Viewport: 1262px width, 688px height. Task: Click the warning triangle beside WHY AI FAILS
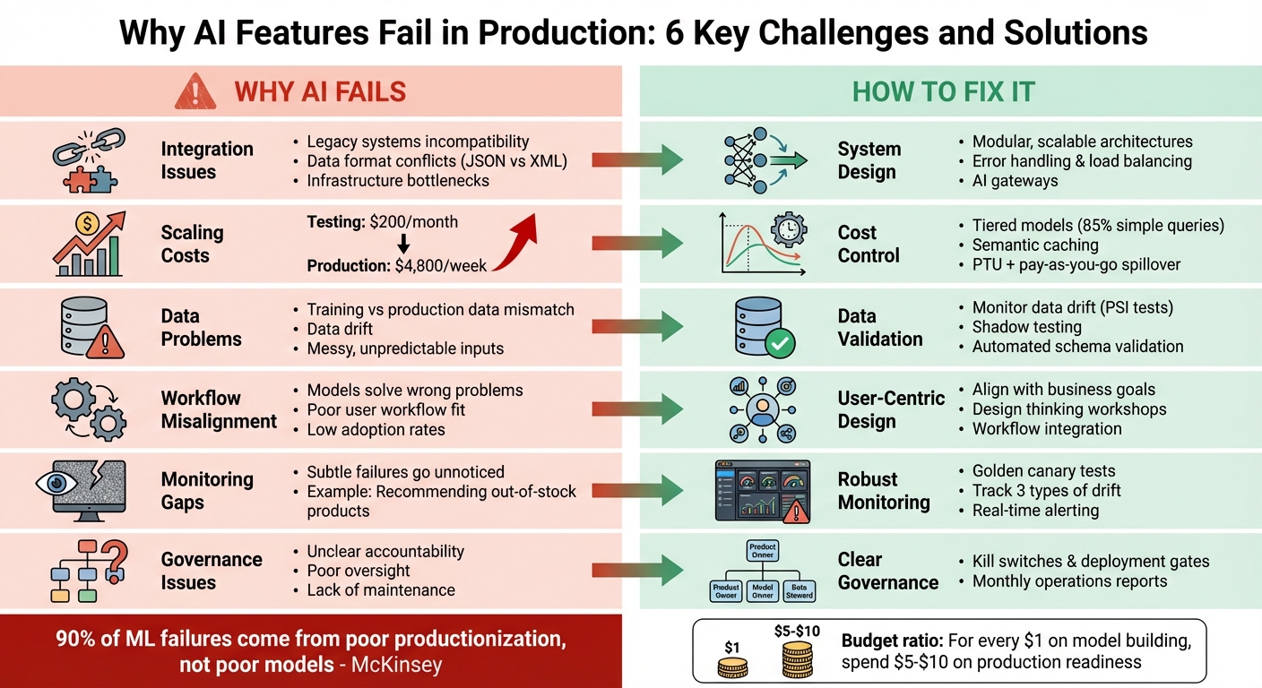click(195, 91)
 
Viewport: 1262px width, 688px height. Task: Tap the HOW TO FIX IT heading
click(943, 91)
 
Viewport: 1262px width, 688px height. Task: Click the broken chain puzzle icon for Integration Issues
click(90, 160)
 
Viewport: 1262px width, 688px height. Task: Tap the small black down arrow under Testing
click(403, 244)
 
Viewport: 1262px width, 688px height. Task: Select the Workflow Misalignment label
click(219, 409)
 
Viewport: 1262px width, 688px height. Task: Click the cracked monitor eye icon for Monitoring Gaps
click(90, 491)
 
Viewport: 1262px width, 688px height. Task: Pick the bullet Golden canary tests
click(1043, 470)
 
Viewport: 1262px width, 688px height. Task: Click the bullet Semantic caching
click(1034, 245)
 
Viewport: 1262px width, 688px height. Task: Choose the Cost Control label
click(868, 244)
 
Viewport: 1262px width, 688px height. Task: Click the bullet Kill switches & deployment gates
click(1090, 562)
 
